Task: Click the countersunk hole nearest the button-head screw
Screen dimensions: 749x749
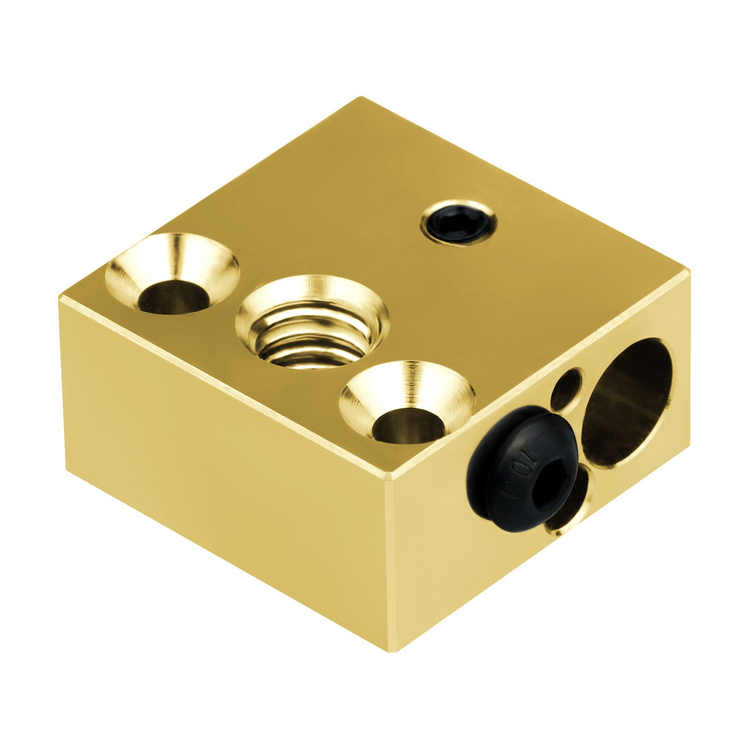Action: [x=407, y=403]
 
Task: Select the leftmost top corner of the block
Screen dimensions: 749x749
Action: [x=60, y=297]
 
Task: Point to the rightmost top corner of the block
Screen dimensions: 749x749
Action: [x=689, y=272]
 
